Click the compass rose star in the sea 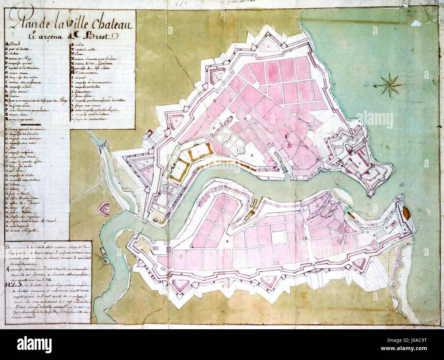389,85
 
